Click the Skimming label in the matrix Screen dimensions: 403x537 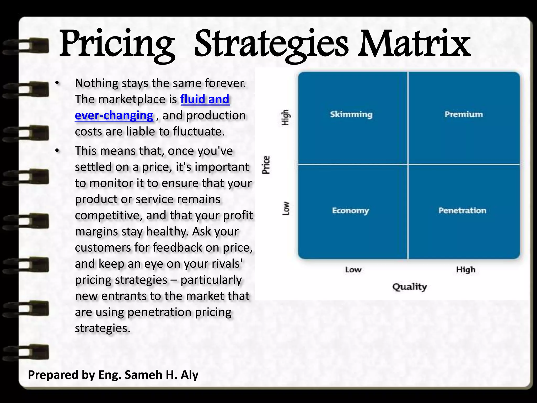(351, 114)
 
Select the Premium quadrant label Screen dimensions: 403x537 (464, 114)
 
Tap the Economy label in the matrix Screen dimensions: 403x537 (350, 211)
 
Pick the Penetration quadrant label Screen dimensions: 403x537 (462, 210)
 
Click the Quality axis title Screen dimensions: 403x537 (409, 287)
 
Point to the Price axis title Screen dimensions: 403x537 (266, 165)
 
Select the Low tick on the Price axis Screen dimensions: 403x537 (286, 209)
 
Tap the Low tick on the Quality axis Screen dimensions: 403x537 (353, 270)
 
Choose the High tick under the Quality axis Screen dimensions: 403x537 (466, 270)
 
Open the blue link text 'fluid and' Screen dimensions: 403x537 (205, 99)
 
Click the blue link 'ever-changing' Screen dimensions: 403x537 (114, 115)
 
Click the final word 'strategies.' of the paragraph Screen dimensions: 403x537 (103, 328)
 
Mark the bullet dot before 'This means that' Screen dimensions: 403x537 (57, 151)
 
